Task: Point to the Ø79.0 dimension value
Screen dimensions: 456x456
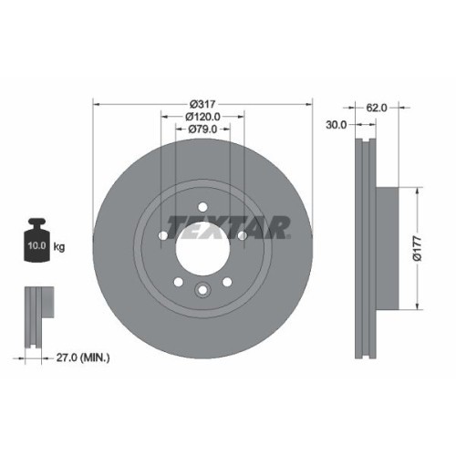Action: point(202,130)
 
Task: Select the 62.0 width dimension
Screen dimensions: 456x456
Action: point(378,108)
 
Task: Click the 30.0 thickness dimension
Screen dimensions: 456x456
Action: point(336,125)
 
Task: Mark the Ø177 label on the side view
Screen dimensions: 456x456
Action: point(416,247)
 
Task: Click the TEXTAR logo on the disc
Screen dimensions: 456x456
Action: point(229,225)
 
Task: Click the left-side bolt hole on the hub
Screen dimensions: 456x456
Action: point(163,236)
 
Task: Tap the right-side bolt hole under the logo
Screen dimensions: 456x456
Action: point(243,237)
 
